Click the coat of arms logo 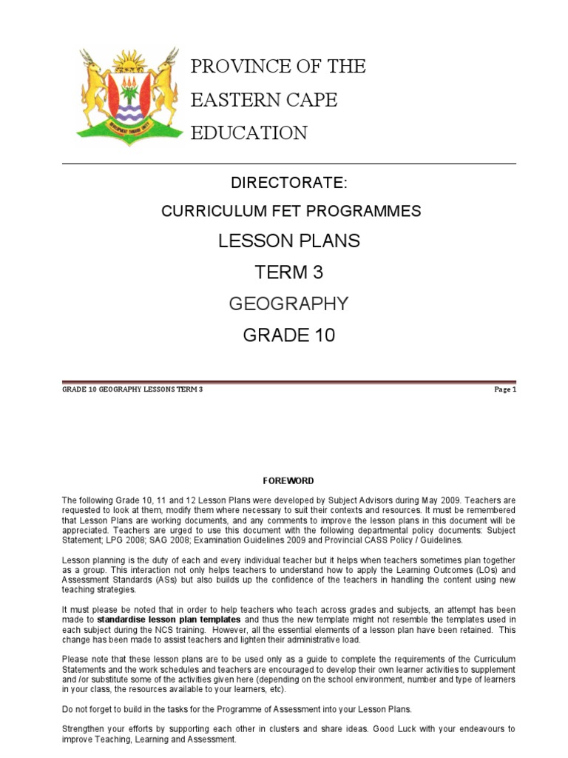tap(127, 95)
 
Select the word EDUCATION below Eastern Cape tap(249, 133)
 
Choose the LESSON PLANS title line tap(289, 241)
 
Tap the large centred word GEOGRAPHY tap(289, 304)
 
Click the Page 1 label tap(506, 389)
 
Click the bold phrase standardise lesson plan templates tap(169, 619)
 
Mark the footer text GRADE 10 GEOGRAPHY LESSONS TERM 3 tap(132, 389)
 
